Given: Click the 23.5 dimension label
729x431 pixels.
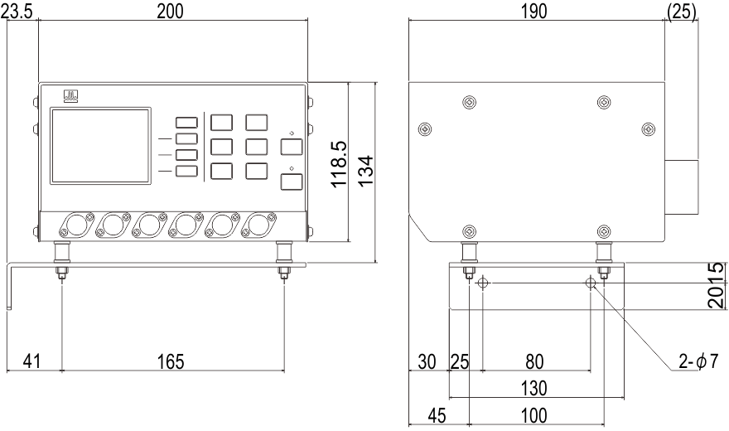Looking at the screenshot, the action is [x=17, y=12].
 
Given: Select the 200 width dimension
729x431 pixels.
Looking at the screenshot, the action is [x=170, y=11].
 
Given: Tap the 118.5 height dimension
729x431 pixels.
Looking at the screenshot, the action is [x=340, y=164].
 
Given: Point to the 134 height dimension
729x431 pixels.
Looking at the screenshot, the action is [x=366, y=170].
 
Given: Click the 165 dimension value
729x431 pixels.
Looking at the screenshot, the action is [x=171, y=361].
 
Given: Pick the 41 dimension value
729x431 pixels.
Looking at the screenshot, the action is [x=31, y=361].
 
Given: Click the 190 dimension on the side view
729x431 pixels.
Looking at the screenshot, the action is [x=533, y=12].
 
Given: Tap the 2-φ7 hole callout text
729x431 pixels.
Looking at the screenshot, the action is [x=699, y=361].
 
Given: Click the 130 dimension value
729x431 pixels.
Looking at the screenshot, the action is [x=533, y=388].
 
